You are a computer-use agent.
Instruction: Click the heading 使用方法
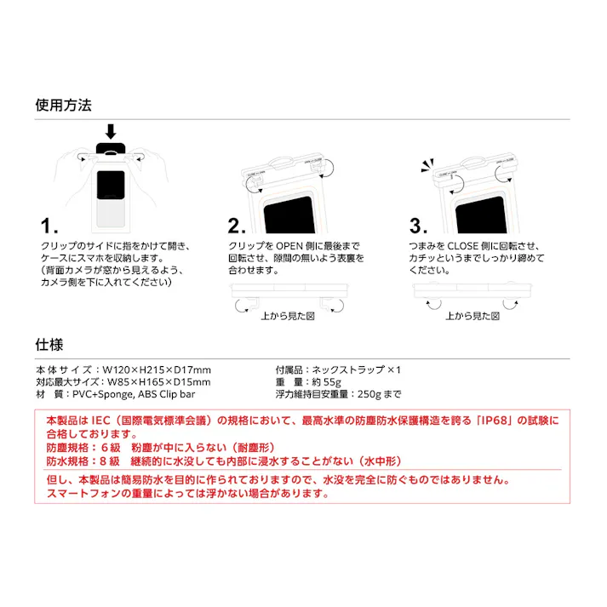[63, 106]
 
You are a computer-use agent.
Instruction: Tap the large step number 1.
[49, 226]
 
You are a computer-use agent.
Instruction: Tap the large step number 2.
[237, 226]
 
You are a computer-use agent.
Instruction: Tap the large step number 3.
[418, 226]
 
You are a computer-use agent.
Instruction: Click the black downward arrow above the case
[110, 132]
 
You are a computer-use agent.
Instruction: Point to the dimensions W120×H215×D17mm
[157, 370]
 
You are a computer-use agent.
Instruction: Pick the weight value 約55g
[327, 382]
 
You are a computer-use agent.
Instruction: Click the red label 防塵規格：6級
[82, 447]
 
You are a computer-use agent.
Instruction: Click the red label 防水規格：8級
[82, 461]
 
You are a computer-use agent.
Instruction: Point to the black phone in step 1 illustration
[112, 184]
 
